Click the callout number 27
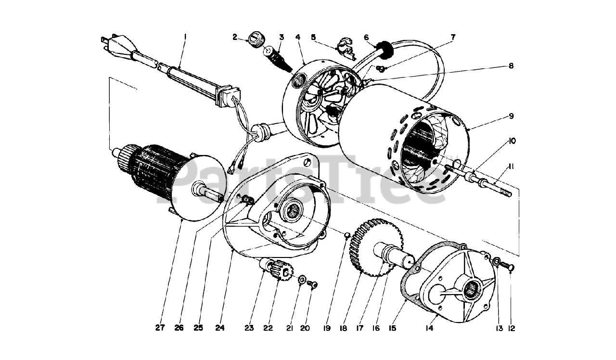(x=160, y=328)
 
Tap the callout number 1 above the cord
(x=185, y=36)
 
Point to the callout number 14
(x=429, y=328)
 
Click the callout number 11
(x=511, y=167)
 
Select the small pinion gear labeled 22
(x=282, y=272)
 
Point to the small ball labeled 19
(x=346, y=235)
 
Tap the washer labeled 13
(x=496, y=262)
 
